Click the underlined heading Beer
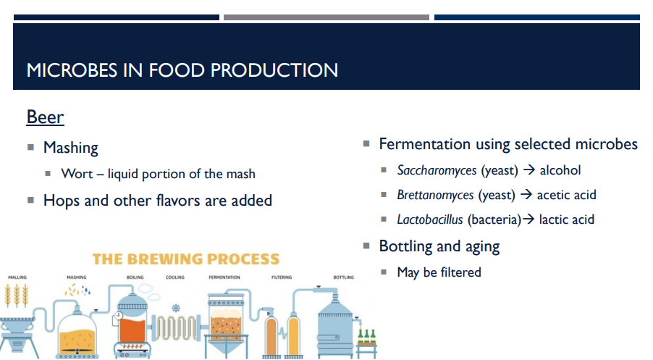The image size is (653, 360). pyautogui.click(x=45, y=117)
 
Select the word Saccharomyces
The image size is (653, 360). pyautogui.click(x=437, y=170)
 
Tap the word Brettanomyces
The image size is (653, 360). pyautogui.click(x=435, y=195)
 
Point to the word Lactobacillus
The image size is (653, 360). pyautogui.click(x=429, y=219)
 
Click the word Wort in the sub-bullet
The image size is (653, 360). pyautogui.click(x=77, y=174)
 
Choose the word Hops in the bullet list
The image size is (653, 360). pyautogui.click(x=62, y=200)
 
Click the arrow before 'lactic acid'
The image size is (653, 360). pyautogui.click(x=528, y=219)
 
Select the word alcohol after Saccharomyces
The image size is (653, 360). pyautogui.click(x=560, y=170)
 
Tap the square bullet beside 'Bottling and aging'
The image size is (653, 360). pyautogui.click(x=366, y=246)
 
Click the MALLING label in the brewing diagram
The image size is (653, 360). pyautogui.click(x=17, y=277)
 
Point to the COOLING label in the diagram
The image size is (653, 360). pyautogui.click(x=175, y=277)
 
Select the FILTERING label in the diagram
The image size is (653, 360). pyautogui.click(x=282, y=277)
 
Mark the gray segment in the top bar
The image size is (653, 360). pyautogui.click(x=326, y=17)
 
